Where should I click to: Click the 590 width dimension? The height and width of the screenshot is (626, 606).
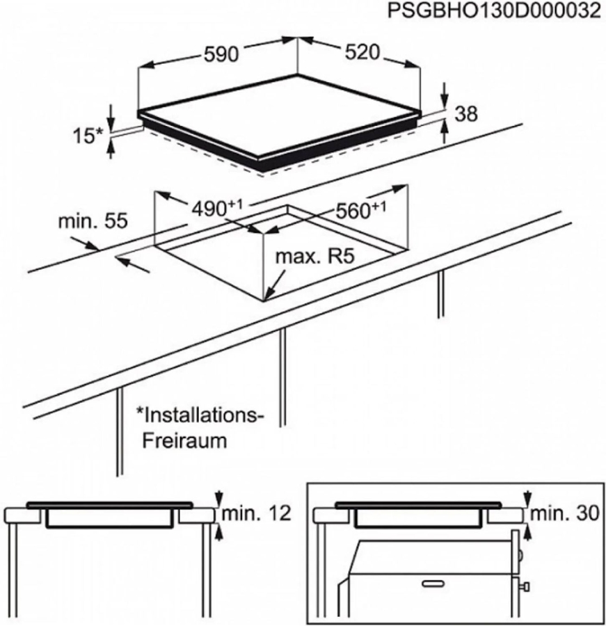[222, 54]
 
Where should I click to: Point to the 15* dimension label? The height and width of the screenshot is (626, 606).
[87, 136]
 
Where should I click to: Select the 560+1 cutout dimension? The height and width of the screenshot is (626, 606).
[360, 209]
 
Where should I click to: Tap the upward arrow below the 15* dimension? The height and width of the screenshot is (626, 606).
[111, 149]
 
